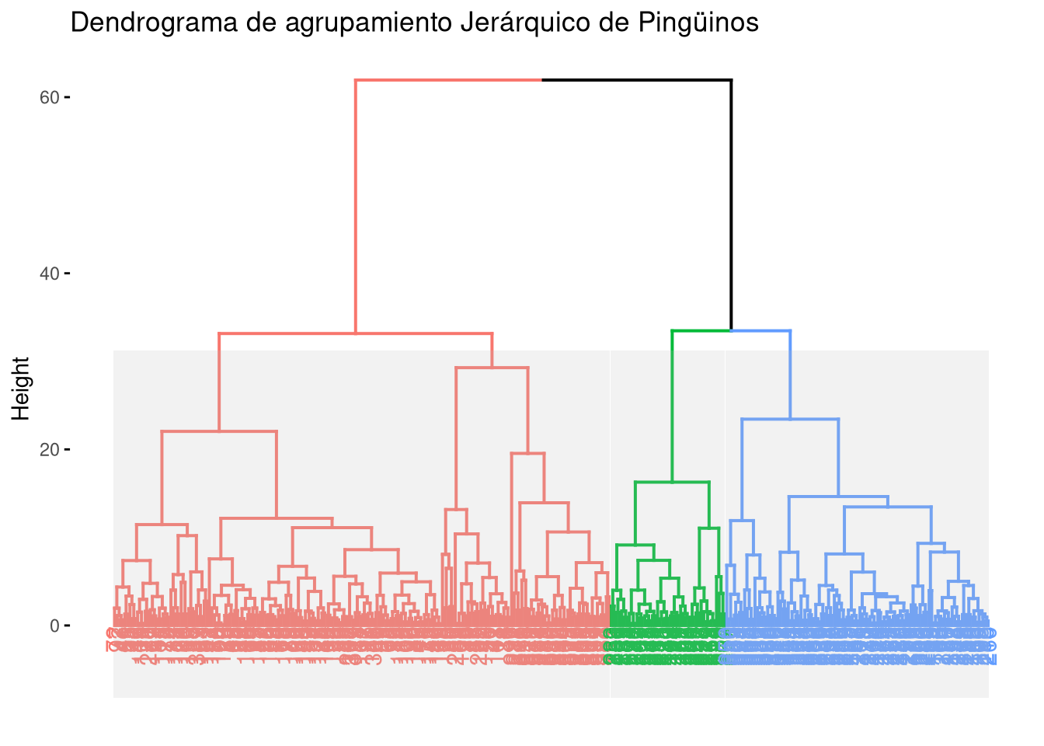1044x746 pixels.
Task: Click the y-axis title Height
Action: (22, 388)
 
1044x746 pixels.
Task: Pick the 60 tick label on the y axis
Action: (50, 97)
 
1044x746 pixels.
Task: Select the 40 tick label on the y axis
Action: (50, 274)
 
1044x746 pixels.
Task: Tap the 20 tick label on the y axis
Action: (50, 449)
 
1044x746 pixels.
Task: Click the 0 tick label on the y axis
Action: (54, 626)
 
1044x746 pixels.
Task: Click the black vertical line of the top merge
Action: (731, 202)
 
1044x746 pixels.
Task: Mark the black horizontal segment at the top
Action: (637, 80)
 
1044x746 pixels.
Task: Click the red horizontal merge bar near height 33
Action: (356, 333)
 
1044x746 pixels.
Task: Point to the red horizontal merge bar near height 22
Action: (219, 431)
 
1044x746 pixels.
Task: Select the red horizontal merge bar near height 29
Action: (492, 368)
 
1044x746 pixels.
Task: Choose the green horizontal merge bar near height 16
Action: (672, 483)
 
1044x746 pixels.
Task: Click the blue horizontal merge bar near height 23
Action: (790, 420)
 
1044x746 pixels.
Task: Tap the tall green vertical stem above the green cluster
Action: (673, 404)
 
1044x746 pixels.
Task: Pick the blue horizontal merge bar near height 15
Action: (838, 496)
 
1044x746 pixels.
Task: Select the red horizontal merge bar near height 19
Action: (527, 453)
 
